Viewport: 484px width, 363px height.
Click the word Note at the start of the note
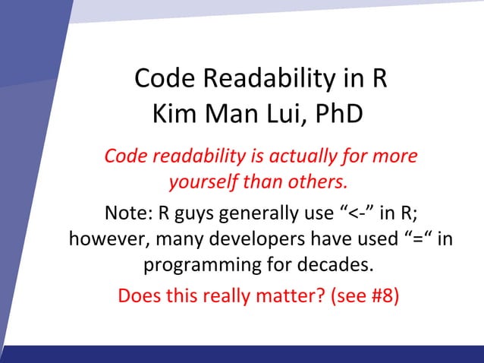(x=130, y=212)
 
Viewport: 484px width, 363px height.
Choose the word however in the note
(x=103, y=238)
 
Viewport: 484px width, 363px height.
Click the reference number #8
(x=383, y=294)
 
